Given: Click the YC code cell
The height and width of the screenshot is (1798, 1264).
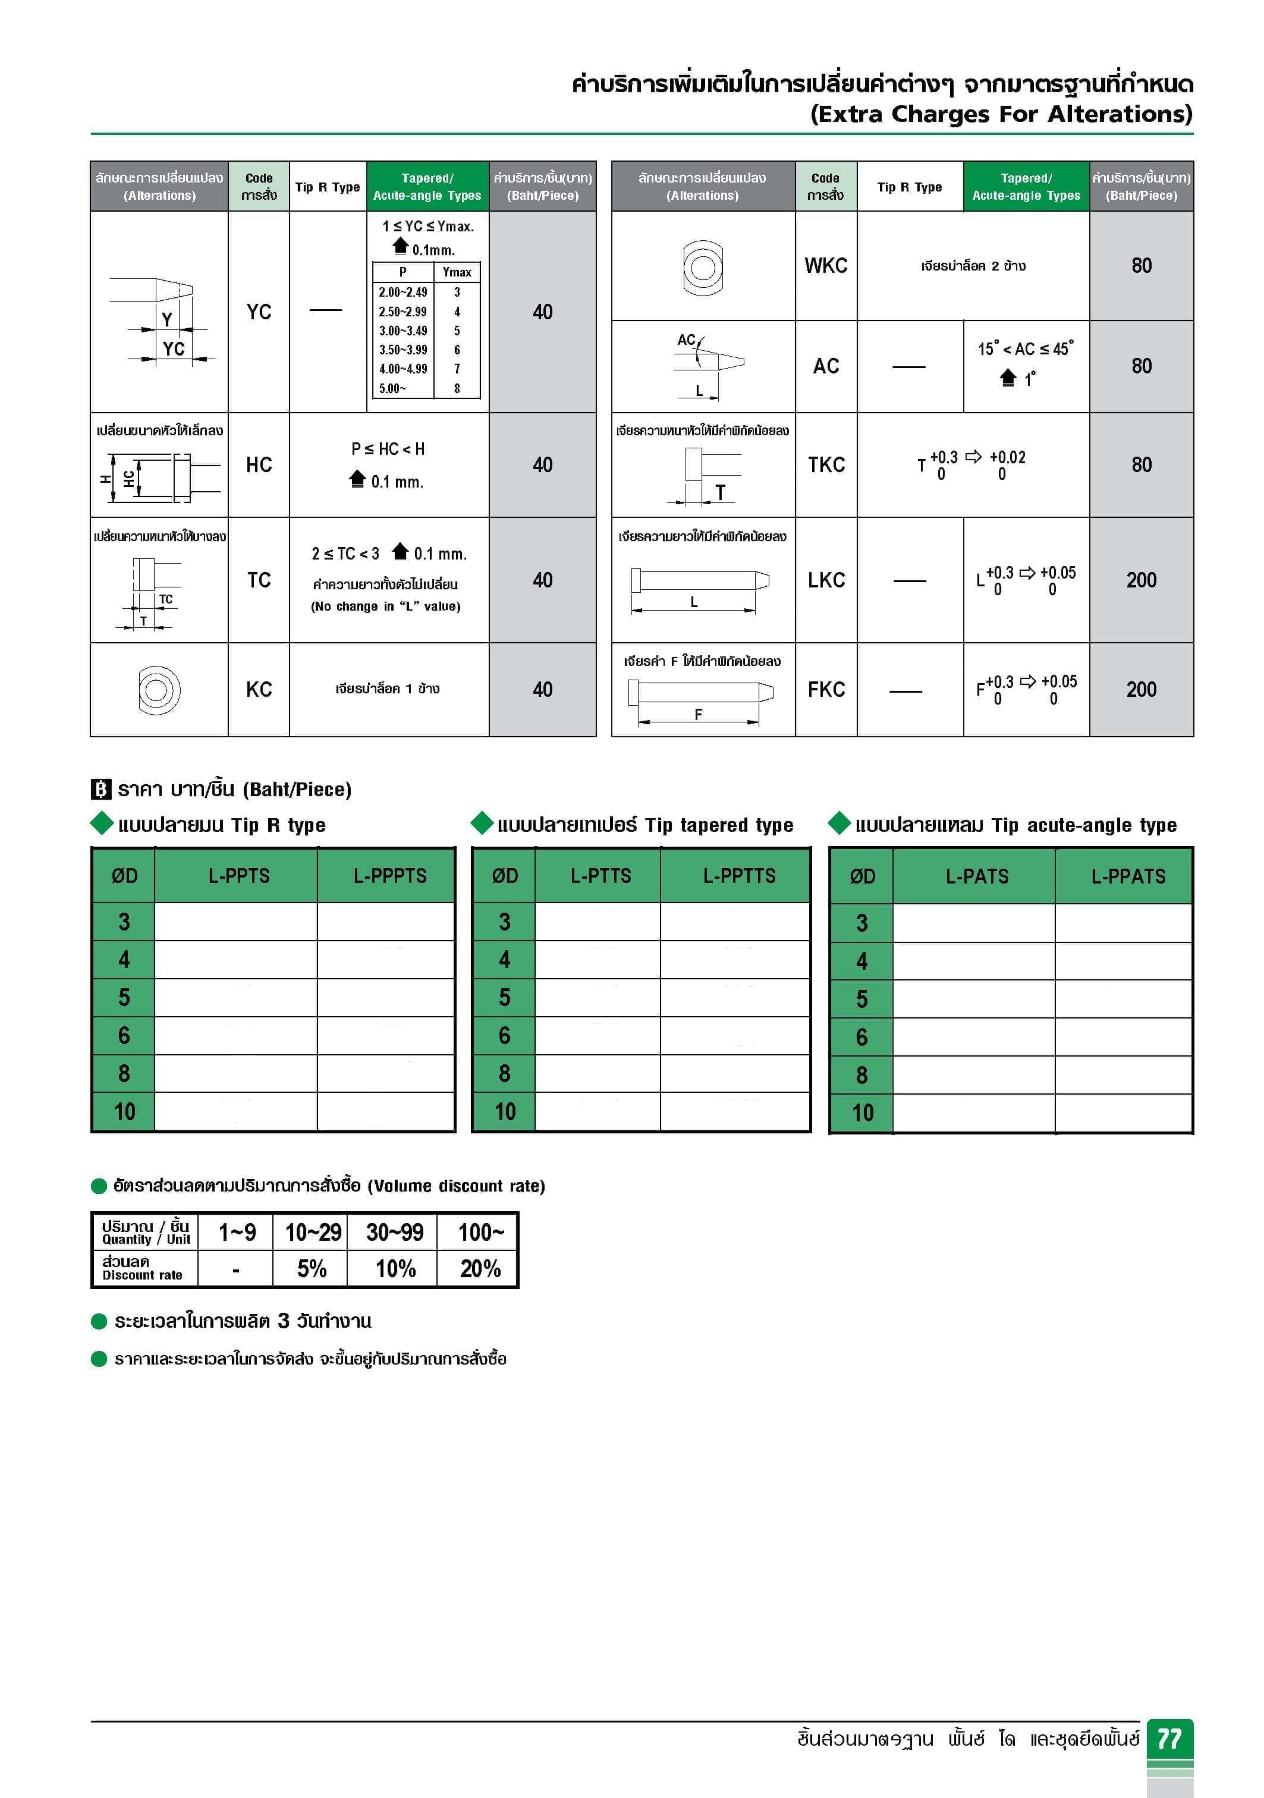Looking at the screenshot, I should pyautogui.click(x=259, y=312).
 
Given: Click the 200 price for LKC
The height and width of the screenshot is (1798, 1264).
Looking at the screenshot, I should pyautogui.click(x=1141, y=580).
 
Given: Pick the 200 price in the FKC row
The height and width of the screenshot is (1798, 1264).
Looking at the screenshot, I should pyautogui.click(x=1141, y=689).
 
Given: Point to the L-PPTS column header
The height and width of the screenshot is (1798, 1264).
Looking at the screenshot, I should pyautogui.click(x=239, y=875).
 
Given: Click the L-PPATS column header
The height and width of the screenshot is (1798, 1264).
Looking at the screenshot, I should pyautogui.click(x=1128, y=876).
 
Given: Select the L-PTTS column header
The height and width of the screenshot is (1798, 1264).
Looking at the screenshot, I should pyautogui.click(x=600, y=875).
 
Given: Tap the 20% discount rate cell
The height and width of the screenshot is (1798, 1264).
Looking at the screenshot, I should pyautogui.click(x=479, y=1269).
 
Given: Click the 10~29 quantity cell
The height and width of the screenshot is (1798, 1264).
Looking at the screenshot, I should pyautogui.click(x=313, y=1233).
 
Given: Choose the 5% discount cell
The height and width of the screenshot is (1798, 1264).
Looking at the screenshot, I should pyautogui.click(x=312, y=1269).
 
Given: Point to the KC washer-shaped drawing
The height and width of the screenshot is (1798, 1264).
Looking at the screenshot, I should pyautogui.click(x=159, y=690).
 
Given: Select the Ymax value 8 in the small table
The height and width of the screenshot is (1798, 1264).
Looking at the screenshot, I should pyautogui.click(x=457, y=388).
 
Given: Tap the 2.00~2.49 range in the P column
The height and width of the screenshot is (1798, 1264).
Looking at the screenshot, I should pyautogui.click(x=403, y=292).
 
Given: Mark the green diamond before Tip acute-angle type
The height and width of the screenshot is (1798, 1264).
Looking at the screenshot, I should pyautogui.click(x=839, y=823).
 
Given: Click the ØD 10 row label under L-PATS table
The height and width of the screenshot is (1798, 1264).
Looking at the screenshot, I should pyautogui.click(x=861, y=1113).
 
